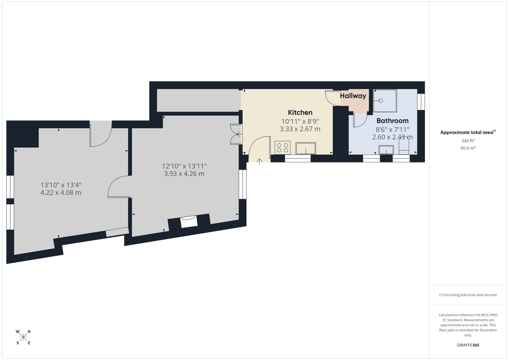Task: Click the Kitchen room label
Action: click(x=300, y=112)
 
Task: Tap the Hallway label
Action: click(x=353, y=96)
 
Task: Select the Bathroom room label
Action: click(x=392, y=121)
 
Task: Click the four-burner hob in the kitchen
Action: click(x=282, y=148)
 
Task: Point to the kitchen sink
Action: click(x=305, y=148)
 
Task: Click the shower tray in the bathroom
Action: click(x=384, y=100)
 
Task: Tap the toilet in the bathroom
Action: click(x=404, y=148)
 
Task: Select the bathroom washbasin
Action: click(x=386, y=149)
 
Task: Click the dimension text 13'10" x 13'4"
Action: click(x=61, y=185)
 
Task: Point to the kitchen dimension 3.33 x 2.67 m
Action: click(x=300, y=129)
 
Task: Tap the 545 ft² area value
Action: click(x=468, y=140)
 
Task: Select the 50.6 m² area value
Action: click(x=468, y=148)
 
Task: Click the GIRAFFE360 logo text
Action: click(x=468, y=345)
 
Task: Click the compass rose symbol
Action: click(x=23, y=337)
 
